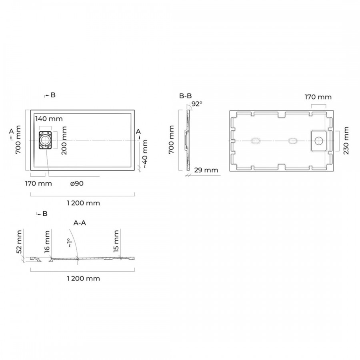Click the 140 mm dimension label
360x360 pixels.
[x=49, y=119]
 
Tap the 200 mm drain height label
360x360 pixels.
[x=64, y=140]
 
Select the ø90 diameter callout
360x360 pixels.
[x=77, y=184]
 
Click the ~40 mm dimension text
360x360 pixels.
[x=145, y=154]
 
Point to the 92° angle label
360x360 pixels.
[x=197, y=104]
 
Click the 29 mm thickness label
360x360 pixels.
[x=206, y=170]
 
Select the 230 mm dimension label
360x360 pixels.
[x=346, y=140]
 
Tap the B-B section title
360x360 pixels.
[x=185, y=96]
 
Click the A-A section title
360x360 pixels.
[x=80, y=223]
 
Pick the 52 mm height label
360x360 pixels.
[x=19, y=242]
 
